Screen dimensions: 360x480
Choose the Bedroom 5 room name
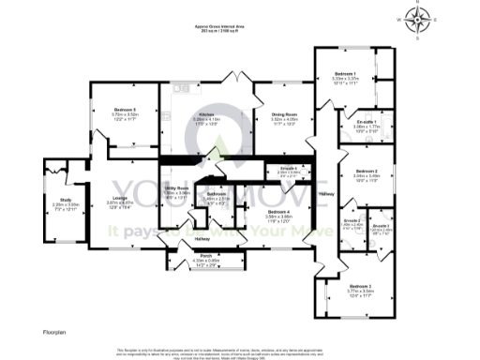112,110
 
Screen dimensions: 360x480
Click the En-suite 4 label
289,169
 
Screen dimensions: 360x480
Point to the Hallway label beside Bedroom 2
325,194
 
